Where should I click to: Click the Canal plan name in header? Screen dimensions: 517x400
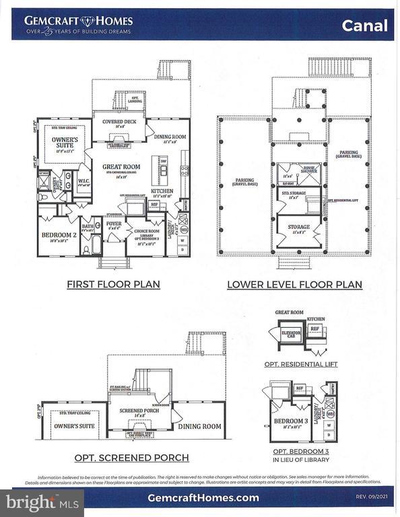(x=364, y=26)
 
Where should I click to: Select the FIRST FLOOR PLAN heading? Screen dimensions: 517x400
(x=113, y=284)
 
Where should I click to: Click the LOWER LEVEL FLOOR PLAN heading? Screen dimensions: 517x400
(x=294, y=285)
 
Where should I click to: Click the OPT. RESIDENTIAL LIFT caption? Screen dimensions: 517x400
(x=301, y=364)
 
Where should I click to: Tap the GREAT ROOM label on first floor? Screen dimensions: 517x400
(x=121, y=167)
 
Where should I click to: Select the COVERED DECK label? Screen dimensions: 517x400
(x=119, y=122)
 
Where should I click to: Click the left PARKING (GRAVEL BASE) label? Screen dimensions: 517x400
(x=244, y=182)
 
